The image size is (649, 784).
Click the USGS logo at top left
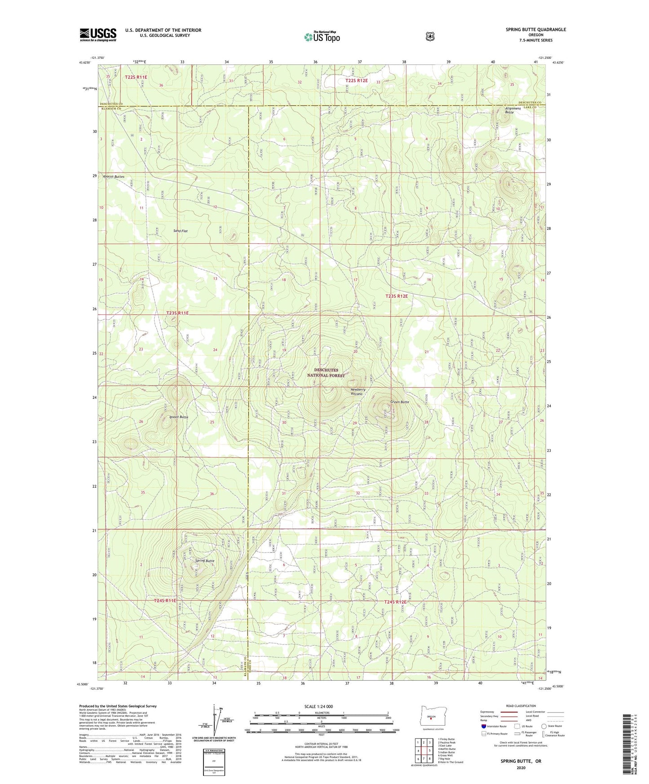point(98,34)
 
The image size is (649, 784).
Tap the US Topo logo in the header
point(322,37)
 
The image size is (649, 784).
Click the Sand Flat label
point(180,231)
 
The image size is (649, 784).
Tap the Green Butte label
point(399,402)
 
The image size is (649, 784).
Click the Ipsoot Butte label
point(179,417)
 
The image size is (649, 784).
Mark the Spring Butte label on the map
point(204,561)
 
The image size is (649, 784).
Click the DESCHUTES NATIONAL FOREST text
point(326,373)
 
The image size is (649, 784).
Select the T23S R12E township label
point(397,296)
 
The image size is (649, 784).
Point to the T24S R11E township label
point(165,600)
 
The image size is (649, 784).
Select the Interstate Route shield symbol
point(483,726)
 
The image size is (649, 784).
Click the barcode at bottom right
point(633,745)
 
